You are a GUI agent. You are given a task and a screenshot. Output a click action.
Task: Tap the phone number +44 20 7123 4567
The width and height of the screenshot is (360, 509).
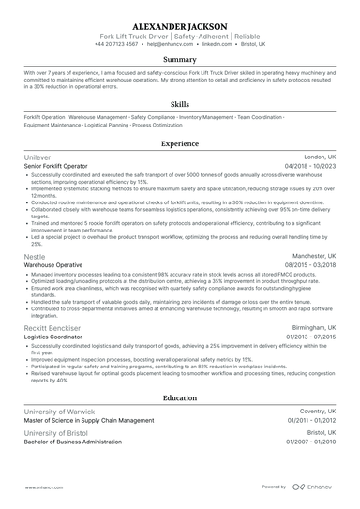click(x=122, y=43)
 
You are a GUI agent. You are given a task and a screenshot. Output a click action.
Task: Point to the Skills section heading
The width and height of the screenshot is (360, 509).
click(x=180, y=105)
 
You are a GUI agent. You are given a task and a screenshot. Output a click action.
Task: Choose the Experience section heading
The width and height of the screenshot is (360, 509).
click(x=180, y=144)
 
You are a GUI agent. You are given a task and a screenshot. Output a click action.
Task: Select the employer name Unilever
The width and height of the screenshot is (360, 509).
click(x=38, y=157)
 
